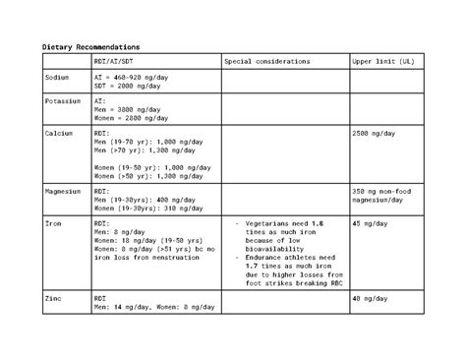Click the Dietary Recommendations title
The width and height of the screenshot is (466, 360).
pos(90,47)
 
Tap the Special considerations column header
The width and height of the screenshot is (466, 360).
pos(266,61)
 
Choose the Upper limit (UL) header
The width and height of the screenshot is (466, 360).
pos(382,61)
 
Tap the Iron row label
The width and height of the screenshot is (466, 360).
pos(53,224)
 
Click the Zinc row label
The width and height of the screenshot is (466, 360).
pos(53,297)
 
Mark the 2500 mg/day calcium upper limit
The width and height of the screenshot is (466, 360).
pos(375,132)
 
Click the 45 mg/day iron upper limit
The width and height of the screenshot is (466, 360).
pos(370,224)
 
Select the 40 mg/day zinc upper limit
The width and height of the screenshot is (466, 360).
pos(370,297)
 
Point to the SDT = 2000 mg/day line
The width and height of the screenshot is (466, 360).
pos(136,85)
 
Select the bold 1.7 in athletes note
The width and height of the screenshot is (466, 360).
pos(250,264)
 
